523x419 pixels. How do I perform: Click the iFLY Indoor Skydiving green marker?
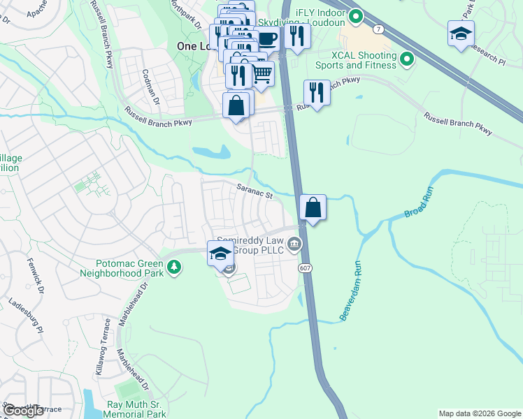356,15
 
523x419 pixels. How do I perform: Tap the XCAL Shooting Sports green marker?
406,60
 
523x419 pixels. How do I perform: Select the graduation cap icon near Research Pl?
461,33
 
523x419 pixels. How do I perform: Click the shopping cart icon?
261,72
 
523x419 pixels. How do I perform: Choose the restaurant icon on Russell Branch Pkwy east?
317,91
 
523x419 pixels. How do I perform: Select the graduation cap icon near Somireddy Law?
220,252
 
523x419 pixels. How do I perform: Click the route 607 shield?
305,268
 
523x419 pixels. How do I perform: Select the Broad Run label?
420,202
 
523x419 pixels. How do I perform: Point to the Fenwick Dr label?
36,275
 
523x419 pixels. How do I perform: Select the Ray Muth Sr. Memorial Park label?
136,409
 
